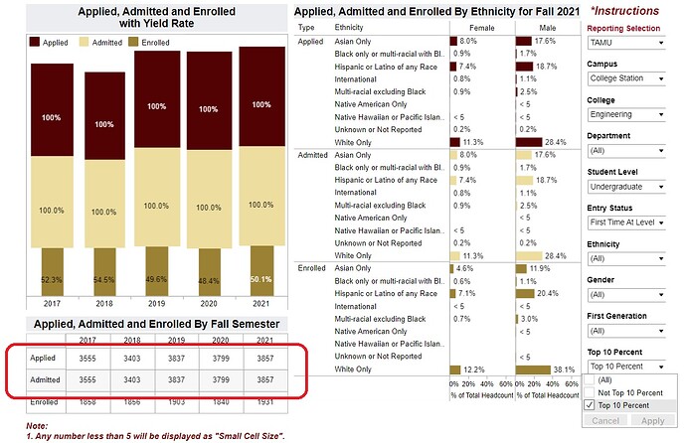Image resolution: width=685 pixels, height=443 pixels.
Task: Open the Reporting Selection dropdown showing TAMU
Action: [622, 45]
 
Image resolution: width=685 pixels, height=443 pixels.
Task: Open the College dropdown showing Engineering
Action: [622, 115]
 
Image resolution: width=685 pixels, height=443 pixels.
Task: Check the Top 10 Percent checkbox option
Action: [590, 405]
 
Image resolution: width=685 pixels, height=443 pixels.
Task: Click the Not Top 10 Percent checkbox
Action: [590, 392]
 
